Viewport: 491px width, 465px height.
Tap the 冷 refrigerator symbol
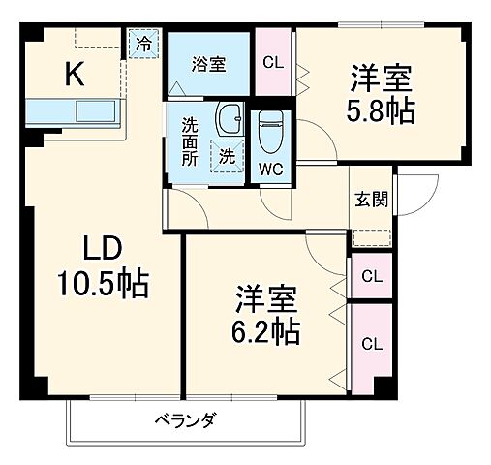click(143, 44)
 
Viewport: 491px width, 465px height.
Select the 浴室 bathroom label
click(208, 65)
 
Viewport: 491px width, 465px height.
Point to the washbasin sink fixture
click(230, 120)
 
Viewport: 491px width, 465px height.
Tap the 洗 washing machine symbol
click(225, 154)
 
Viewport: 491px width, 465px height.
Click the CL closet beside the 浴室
click(274, 64)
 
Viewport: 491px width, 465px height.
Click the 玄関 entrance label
click(371, 201)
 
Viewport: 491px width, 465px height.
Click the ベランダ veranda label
click(184, 420)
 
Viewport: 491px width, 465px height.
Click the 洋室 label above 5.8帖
click(381, 74)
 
